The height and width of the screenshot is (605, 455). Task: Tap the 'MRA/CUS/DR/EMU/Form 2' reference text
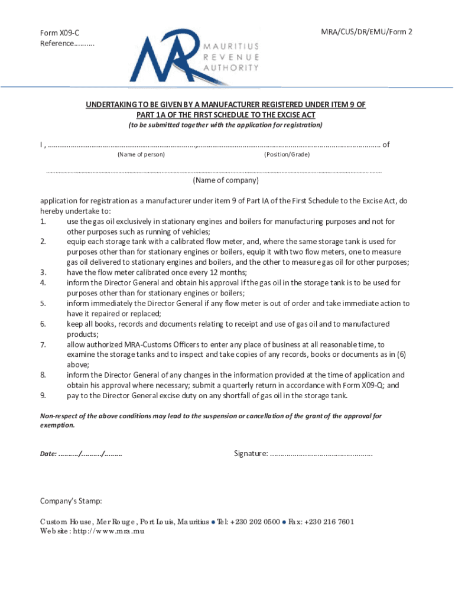[363, 31]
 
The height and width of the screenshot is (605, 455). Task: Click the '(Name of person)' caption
[141, 154]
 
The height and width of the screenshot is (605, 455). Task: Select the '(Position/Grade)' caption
[287, 154]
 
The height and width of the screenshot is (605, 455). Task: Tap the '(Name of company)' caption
[226, 181]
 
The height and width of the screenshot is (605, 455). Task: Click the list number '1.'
[43, 222]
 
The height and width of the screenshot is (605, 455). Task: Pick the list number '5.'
[43, 304]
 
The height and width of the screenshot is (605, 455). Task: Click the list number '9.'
[43, 396]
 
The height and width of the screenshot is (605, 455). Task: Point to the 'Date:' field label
[48, 454]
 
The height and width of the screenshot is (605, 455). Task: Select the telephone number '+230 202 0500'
[255, 522]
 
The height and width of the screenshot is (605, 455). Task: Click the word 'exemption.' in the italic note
[57, 425]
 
